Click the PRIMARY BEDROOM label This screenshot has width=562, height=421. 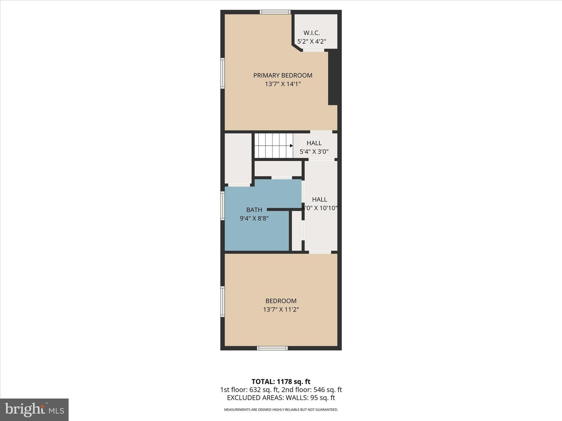pyautogui.click(x=283, y=75)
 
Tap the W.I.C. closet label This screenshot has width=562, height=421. pyautogui.click(x=311, y=33)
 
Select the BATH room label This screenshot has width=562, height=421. pyautogui.click(x=254, y=210)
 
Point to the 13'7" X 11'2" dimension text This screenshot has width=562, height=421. pyautogui.click(x=281, y=309)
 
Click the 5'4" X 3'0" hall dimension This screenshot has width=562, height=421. pyautogui.click(x=314, y=152)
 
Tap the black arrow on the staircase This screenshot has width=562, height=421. pyautogui.click(x=291, y=146)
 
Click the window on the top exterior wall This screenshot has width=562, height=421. pyautogui.click(x=275, y=12)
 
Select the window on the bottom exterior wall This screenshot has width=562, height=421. pyautogui.click(x=272, y=348)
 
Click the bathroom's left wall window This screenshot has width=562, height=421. pyautogui.click(x=223, y=206)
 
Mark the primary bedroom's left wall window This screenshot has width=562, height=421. pyautogui.click(x=223, y=73)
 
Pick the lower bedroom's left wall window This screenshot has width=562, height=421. pyautogui.click(x=223, y=302)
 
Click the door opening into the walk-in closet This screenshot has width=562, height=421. pyautogui.click(x=313, y=50)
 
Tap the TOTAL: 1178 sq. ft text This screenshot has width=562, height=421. pyautogui.click(x=281, y=382)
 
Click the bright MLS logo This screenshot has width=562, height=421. pyautogui.click(x=34, y=409)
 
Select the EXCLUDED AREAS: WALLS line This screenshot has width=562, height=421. pyautogui.click(x=281, y=398)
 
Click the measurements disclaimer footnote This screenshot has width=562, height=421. pyautogui.click(x=281, y=410)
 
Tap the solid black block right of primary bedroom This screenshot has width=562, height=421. pyautogui.click(x=333, y=78)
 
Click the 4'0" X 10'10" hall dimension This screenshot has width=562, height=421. pyautogui.click(x=319, y=208)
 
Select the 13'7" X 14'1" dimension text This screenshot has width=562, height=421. pyautogui.click(x=283, y=84)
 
